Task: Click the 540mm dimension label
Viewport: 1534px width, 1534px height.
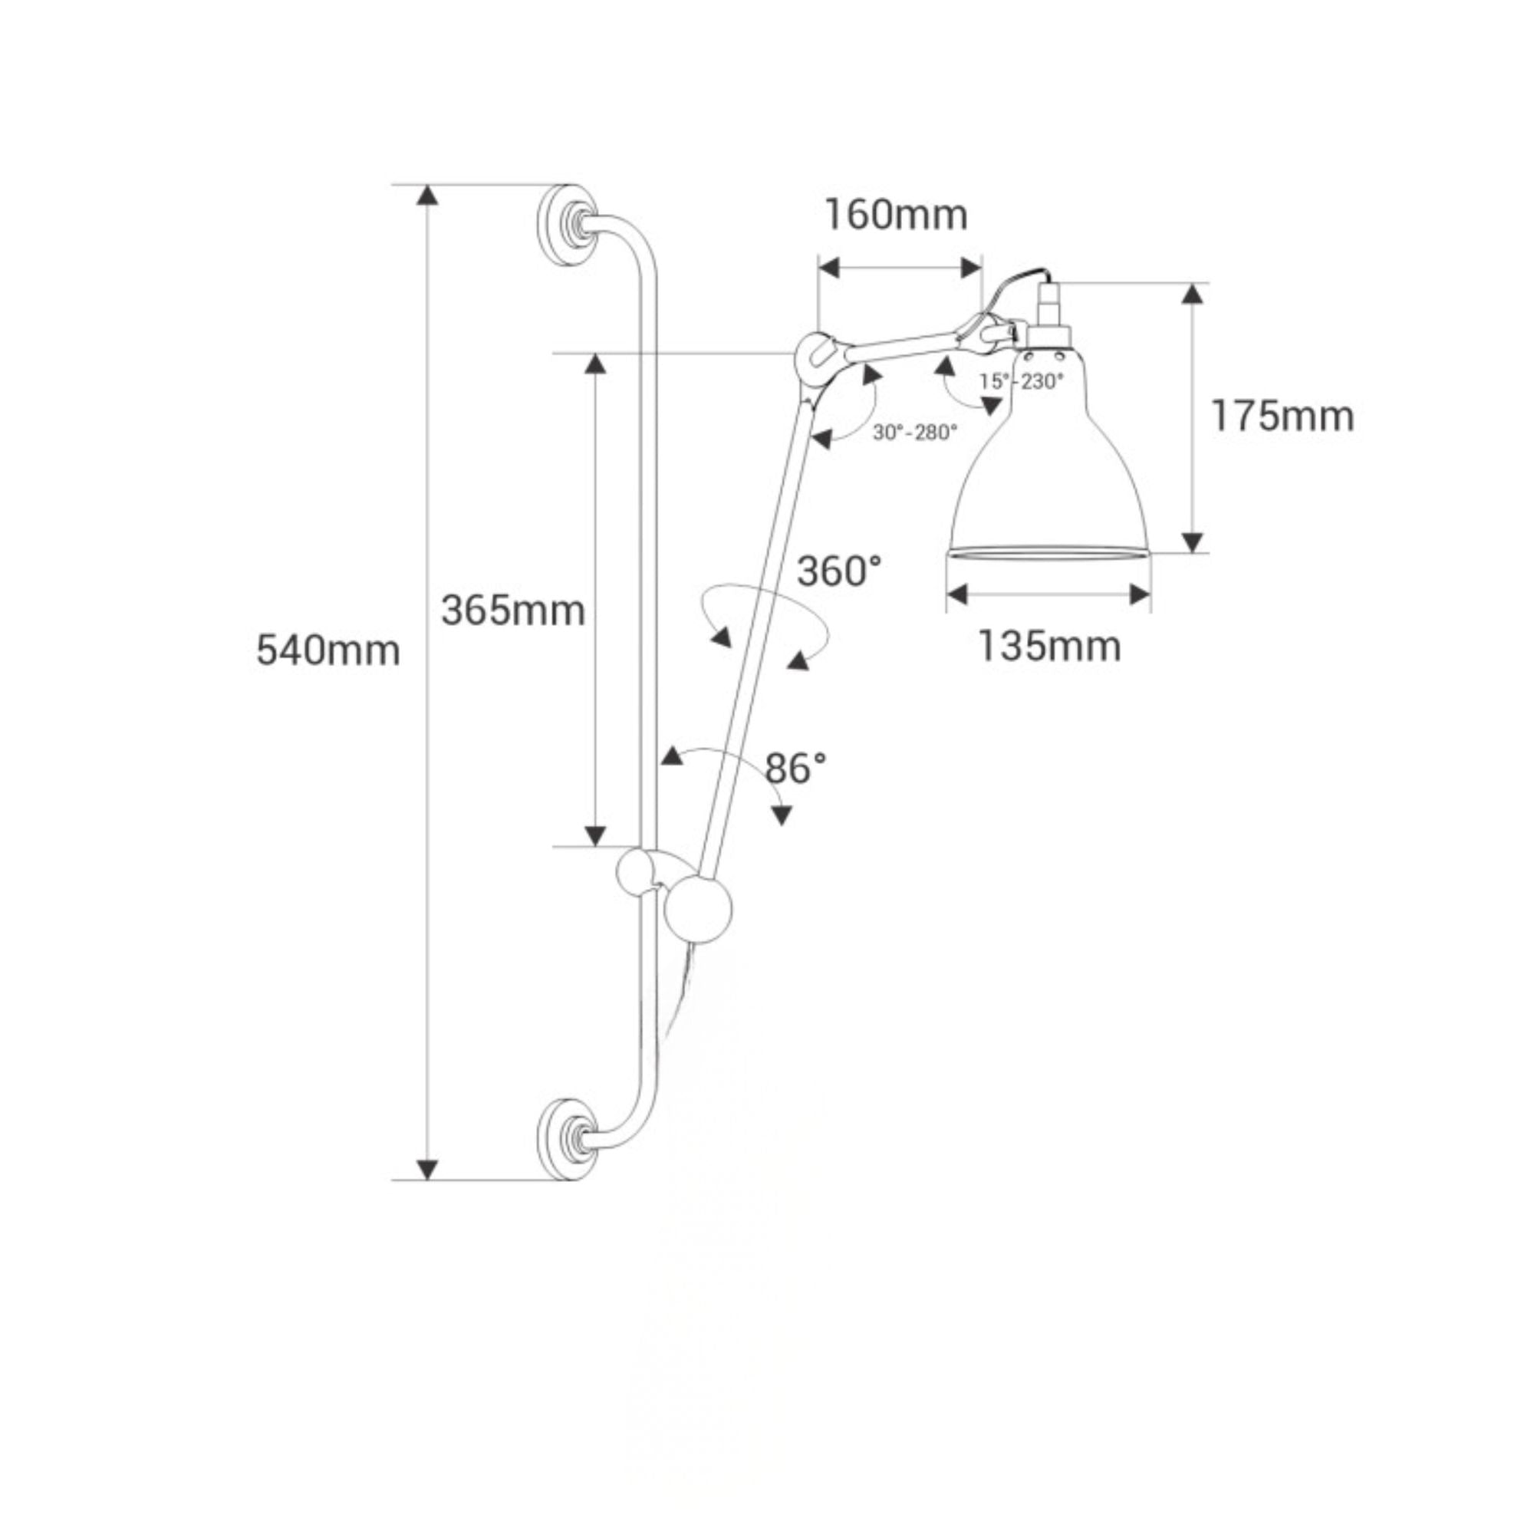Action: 328,651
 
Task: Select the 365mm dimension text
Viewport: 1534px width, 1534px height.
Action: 513,611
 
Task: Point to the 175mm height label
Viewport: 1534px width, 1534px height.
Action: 1282,416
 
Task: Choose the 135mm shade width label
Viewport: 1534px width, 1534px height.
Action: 1048,646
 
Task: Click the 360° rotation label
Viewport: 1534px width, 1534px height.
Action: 839,571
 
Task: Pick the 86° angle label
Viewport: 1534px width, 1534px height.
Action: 795,768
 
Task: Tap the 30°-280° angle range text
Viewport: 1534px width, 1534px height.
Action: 915,433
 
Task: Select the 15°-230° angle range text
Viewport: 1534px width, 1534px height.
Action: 1021,382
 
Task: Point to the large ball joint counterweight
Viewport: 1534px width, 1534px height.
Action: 699,910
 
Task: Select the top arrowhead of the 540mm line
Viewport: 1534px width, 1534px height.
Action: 427,196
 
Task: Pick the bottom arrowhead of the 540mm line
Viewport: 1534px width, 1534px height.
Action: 427,1169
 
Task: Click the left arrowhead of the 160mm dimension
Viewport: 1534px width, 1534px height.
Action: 829,268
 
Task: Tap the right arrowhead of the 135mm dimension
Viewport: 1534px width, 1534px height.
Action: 1141,593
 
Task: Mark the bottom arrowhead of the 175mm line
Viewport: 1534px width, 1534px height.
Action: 1192,542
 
